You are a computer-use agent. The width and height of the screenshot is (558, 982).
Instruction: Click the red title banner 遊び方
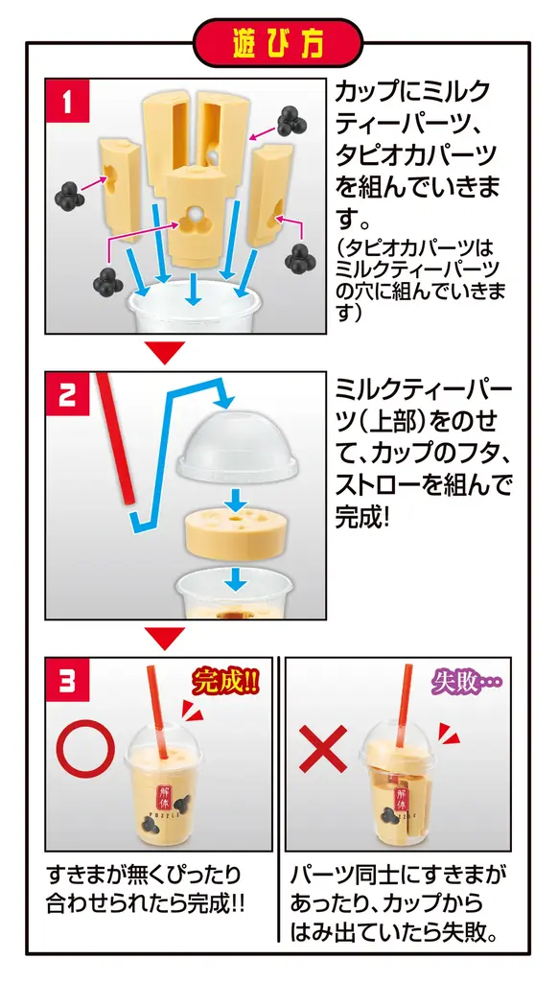(x=278, y=43)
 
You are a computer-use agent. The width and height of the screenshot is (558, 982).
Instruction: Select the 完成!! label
(x=225, y=683)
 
